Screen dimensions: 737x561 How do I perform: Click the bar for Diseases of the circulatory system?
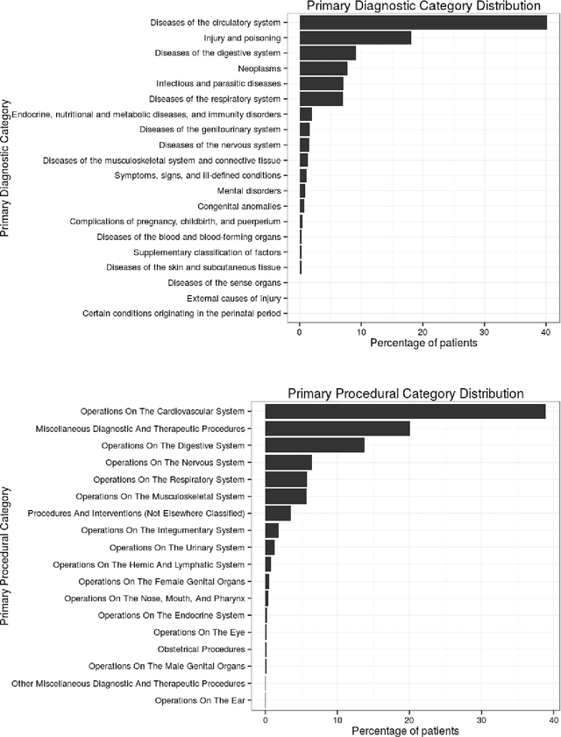click(x=423, y=22)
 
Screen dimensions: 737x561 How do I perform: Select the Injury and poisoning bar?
click(x=355, y=38)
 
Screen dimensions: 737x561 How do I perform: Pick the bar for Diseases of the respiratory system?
click(x=321, y=99)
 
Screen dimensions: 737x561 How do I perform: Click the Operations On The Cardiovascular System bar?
click(x=405, y=411)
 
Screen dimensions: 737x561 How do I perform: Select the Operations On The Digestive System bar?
click(x=315, y=445)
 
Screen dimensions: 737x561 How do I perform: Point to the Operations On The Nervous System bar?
click(x=288, y=462)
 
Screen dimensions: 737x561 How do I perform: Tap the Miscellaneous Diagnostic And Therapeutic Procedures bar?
click(x=337, y=429)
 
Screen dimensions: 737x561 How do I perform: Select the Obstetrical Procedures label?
click(x=199, y=649)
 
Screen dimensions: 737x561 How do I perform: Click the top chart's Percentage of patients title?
click(x=423, y=344)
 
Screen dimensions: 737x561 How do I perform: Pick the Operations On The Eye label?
click(x=199, y=632)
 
